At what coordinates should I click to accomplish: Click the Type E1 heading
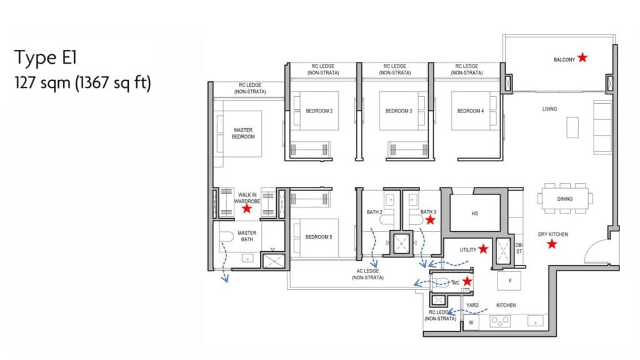pos(45,57)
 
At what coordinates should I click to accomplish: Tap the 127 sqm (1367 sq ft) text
pos(83,83)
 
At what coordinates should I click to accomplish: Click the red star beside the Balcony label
pos(582,57)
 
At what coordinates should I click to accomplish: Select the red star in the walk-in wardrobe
pos(246,209)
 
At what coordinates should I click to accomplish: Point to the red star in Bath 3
pos(430,220)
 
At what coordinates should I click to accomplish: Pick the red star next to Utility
pos(483,249)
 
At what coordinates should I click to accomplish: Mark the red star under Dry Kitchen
pos(552,244)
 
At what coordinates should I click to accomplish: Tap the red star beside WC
pos(467,281)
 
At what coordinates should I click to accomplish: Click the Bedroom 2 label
pos(319,111)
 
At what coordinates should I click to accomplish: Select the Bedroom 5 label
pos(319,237)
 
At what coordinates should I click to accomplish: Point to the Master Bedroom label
pos(243,134)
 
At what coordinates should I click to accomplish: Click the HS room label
pos(475,214)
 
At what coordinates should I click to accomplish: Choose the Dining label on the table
pos(565,199)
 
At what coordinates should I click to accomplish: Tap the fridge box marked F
pos(509,281)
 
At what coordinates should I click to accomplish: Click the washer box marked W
pos(471,322)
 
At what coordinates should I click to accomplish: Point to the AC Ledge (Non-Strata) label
pos(367,274)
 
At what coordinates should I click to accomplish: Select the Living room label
pos(549,109)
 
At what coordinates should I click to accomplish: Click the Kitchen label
pos(506,305)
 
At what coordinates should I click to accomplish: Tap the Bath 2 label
pos(374,212)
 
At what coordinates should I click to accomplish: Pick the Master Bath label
pos(247,236)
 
